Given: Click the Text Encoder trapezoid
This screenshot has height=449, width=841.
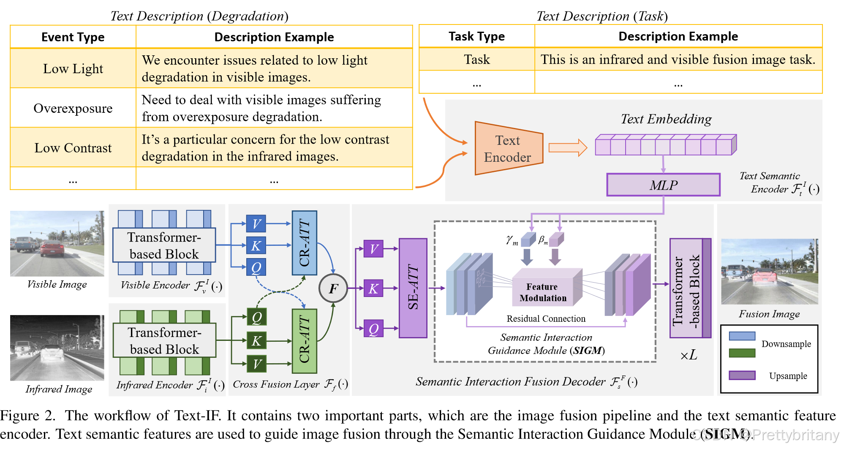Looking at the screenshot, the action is (509, 148).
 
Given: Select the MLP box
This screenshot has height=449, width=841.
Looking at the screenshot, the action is (663, 185).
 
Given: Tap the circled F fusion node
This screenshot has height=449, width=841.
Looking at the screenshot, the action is (333, 288).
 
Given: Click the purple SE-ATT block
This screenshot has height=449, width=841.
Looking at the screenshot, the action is (413, 288).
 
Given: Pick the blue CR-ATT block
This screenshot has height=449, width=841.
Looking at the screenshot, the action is (304, 242).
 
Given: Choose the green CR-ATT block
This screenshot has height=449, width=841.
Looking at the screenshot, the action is (304, 341).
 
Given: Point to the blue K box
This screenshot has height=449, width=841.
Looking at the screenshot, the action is (256, 245).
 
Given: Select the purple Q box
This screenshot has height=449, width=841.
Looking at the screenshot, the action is (373, 329).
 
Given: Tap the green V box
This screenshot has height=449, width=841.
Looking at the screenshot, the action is (256, 364).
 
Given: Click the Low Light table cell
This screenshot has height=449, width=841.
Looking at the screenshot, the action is (73, 68).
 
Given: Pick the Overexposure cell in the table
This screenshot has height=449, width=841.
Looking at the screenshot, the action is (73, 108).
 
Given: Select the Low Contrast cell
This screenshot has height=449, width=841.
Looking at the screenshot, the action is (73, 148).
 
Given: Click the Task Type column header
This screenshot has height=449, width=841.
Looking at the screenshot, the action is (477, 36).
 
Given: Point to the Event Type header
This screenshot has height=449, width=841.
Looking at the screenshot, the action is (73, 37).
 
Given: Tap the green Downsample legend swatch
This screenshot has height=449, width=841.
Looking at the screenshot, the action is (742, 353).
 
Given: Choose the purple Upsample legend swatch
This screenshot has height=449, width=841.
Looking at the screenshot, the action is (742, 375).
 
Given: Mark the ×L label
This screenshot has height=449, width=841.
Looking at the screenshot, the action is (689, 355).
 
